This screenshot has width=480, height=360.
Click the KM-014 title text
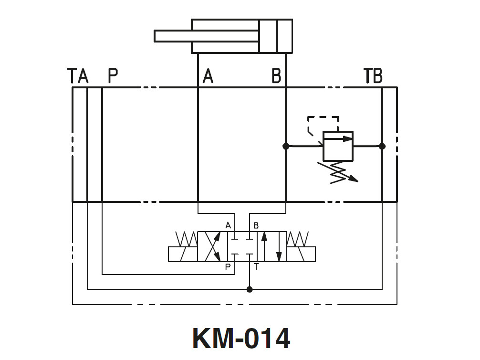pyautogui.click(x=241, y=338)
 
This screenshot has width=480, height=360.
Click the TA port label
pyautogui.click(x=78, y=76)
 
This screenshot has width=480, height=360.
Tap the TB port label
pyautogui.click(x=373, y=76)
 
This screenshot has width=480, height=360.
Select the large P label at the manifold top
pyautogui.click(x=113, y=76)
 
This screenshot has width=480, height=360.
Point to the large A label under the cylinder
pyautogui.click(x=208, y=76)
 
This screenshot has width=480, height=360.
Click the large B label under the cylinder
pyautogui.click(x=276, y=76)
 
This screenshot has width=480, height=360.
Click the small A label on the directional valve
pyautogui.click(x=228, y=225)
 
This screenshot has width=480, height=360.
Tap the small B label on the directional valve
pyautogui.click(x=256, y=225)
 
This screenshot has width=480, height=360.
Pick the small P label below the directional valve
pyautogui.click(x=228, y=267)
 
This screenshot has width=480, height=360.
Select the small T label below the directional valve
pyautogui.click(x=256, y=267)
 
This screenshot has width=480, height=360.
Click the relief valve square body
pyautogui.click(x=338, y=146)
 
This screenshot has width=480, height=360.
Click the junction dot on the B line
pyautogui.click(x=286, y=147)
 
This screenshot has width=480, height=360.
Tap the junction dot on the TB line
pyautogui.click(x=382, y=147)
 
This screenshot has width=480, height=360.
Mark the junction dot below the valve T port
pyautogui.click(x=250, y=289)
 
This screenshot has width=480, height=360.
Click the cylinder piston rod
pyautogui.click(x=206, y=36)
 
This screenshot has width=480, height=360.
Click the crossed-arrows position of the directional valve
pyautogui.click(x=212, y=247)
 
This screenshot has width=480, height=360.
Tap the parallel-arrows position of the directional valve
pyautogui.click(x=271, y=247)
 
